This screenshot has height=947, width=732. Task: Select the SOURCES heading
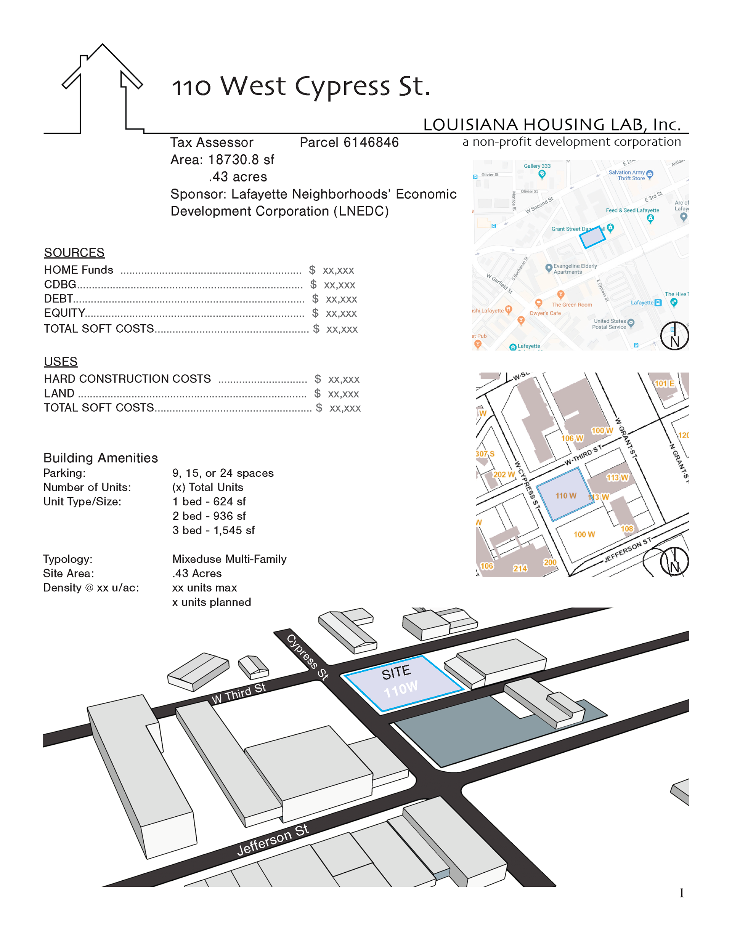[x=74, y=252]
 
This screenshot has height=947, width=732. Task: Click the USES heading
[x=61, y=361]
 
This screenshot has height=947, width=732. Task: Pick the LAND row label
[x=59, y=393]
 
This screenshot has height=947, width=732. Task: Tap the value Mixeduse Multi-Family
[x=229, y=559]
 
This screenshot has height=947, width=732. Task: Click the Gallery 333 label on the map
[x=537, y=166]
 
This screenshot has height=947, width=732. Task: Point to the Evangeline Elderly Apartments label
[x=575, y=269]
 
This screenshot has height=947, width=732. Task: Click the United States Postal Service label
[x=610, y=324]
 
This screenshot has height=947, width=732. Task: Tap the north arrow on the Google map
[x=674, y=336]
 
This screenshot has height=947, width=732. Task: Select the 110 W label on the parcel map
[x=566, y=496]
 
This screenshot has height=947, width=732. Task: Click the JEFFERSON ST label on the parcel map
[x=628, y=550]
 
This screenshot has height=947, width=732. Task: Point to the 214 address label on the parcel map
[x=520, y=568]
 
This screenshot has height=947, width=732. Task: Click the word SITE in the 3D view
[x=396, y=672]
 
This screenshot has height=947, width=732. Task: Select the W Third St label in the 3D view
[x=238, y=693]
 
